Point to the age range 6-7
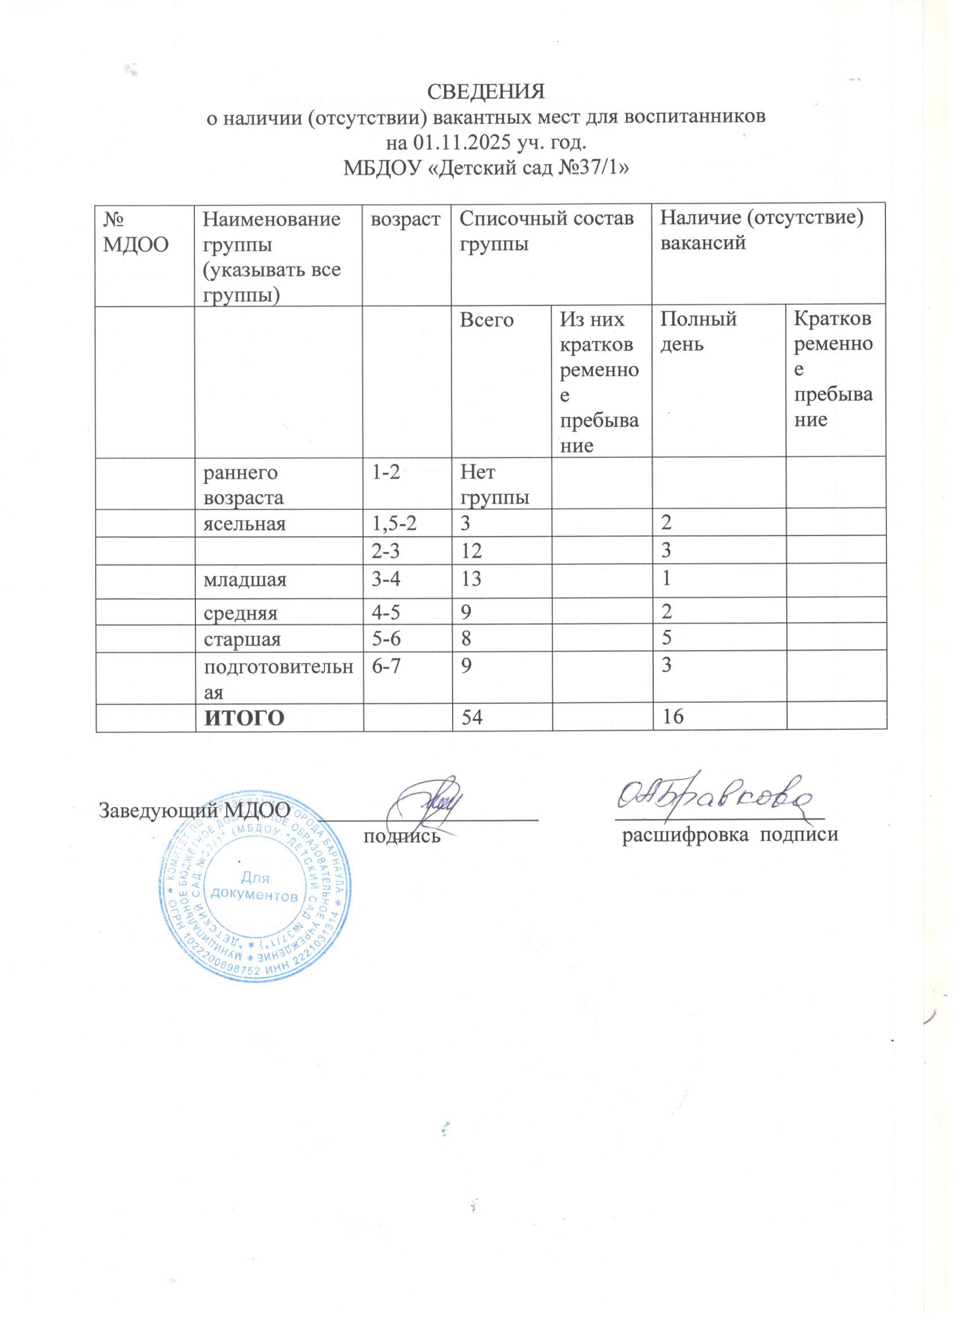[x=386, y=666]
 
